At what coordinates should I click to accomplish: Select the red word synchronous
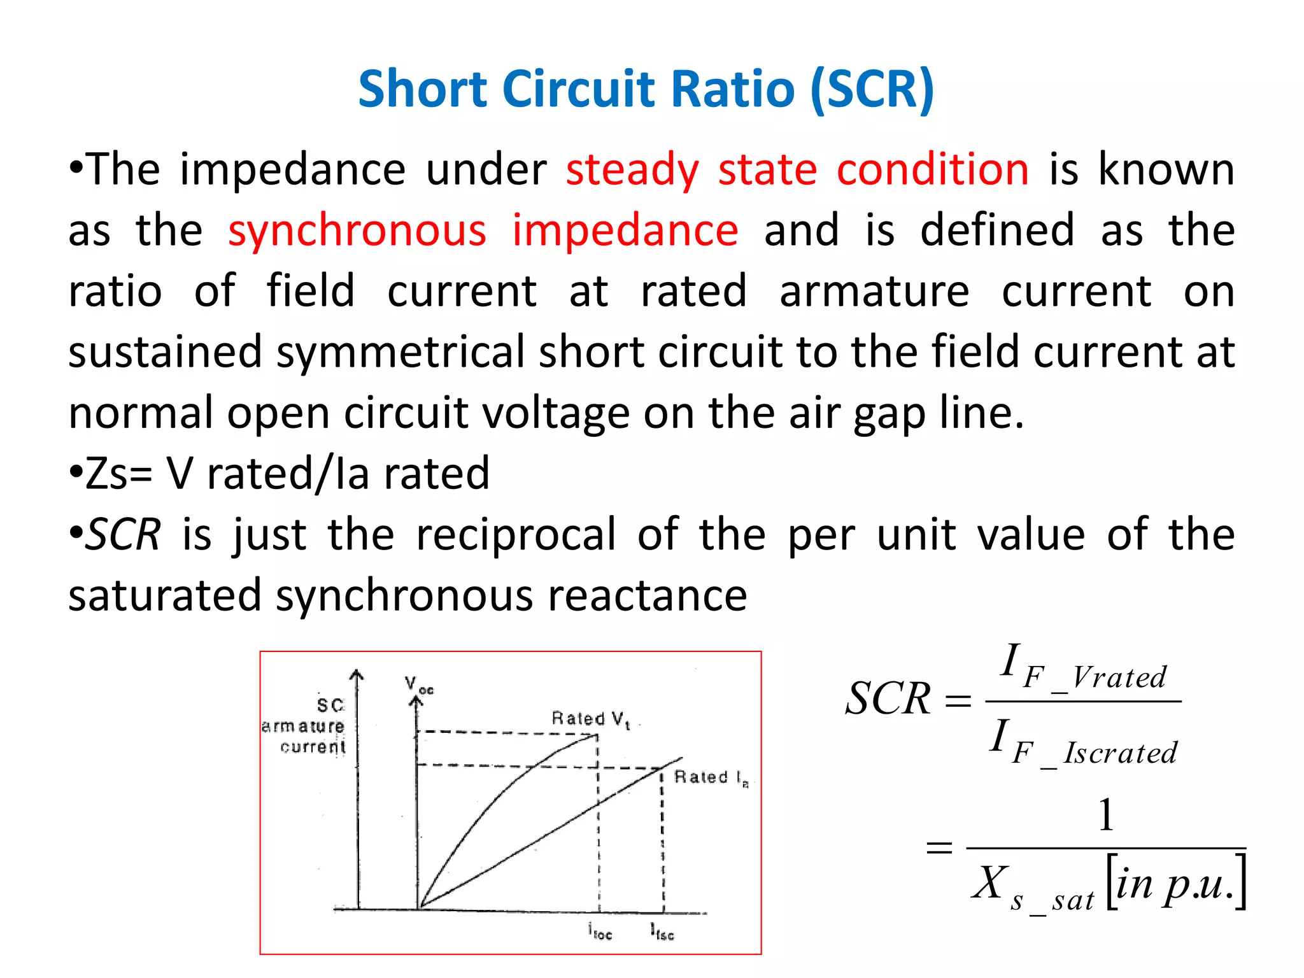tap(357, 230)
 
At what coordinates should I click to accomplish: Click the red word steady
tap(632, 170)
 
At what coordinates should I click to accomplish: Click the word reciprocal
tap(516, 535)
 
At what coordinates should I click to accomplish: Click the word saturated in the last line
tap(165, 596)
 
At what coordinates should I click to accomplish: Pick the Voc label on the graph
tap(418, 685)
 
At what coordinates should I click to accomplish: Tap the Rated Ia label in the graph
tap(711, 777)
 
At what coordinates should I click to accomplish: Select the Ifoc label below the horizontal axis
tap(600, 932)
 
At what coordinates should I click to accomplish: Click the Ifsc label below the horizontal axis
tap(662, 932)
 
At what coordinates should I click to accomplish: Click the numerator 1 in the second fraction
tap(1106, 815)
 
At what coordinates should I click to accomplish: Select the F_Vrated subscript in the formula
tap(1095, 677)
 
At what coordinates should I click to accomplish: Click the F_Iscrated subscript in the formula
tap(1095, 754)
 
